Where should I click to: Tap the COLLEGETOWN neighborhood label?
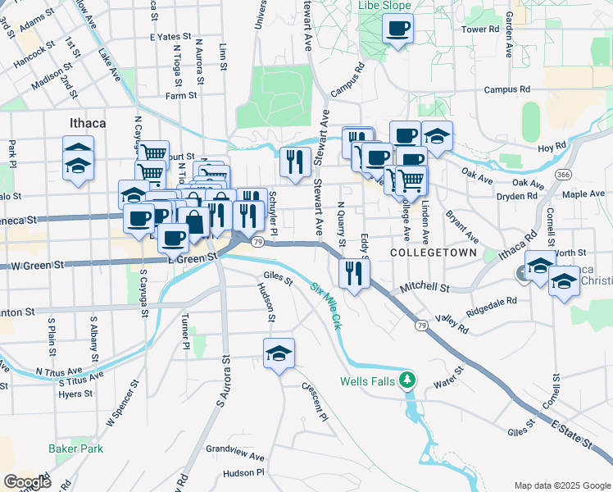pyautogui.click(x=433, y=253)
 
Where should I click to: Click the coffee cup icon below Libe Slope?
pyautogui.click(x=397, y=29)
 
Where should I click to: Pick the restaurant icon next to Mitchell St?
pyautogui.click(x=353, y=272)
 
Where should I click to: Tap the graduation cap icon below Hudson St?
pyautogui.click(x=279, y=353)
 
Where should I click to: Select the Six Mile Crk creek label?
pyautogui.click(x=327, y=304)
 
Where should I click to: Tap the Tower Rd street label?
pyautogui.click(x=480, y=30)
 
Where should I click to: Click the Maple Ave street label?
pyautogui.click(x=583, y=194)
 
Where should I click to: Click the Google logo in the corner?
pyautogui.click(x=27, y=482)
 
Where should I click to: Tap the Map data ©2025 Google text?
pyautogui.click(x=561, y=485)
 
